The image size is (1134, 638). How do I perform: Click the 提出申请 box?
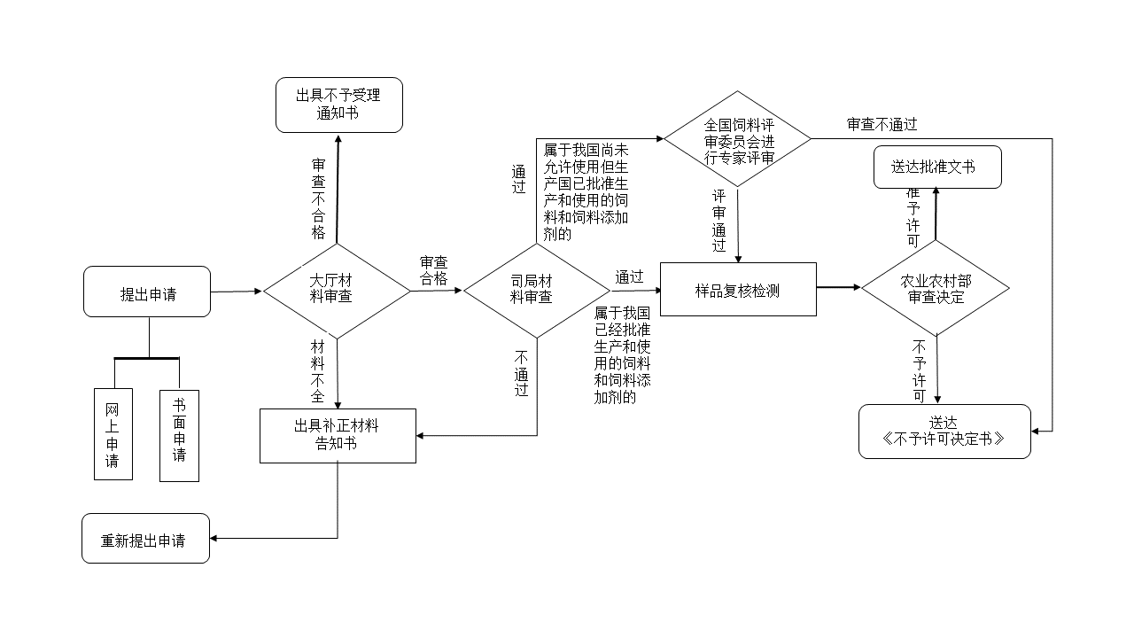point(147,292)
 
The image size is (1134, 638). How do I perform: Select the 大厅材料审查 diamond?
point(337,290)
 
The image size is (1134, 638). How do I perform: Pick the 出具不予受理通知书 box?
point(338,105)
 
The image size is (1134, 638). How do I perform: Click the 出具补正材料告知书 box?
point(338,435)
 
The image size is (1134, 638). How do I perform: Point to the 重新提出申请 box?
point(146,538)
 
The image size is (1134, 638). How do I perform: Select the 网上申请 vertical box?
point(113,434)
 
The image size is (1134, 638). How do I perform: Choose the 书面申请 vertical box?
point(179,435)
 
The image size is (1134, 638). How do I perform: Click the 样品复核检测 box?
point(738,289)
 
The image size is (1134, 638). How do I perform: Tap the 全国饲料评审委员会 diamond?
point(738,139)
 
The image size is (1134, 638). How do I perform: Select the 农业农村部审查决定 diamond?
point(936,288)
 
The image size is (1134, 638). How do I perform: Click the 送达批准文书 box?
point(937,167)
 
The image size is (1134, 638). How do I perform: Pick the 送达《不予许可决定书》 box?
point(944,432)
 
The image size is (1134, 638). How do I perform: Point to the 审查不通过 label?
point(882,124)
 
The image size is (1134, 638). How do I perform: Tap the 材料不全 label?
point(318,370)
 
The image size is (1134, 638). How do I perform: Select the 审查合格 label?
point(433,270)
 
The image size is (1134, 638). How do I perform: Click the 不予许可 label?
point(919,370)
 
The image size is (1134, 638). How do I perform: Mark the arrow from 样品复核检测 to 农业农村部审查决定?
point(838,287)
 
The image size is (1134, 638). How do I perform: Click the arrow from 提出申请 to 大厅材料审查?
point(237,291)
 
